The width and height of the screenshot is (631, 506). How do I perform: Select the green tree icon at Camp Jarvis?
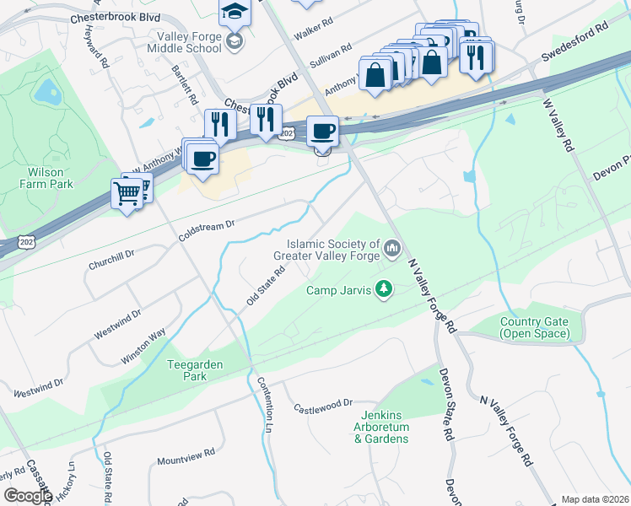385,289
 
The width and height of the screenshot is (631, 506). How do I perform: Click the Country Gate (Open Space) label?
533,327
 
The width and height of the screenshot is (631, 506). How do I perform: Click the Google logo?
27,496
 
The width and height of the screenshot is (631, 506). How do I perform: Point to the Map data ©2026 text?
595,499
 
